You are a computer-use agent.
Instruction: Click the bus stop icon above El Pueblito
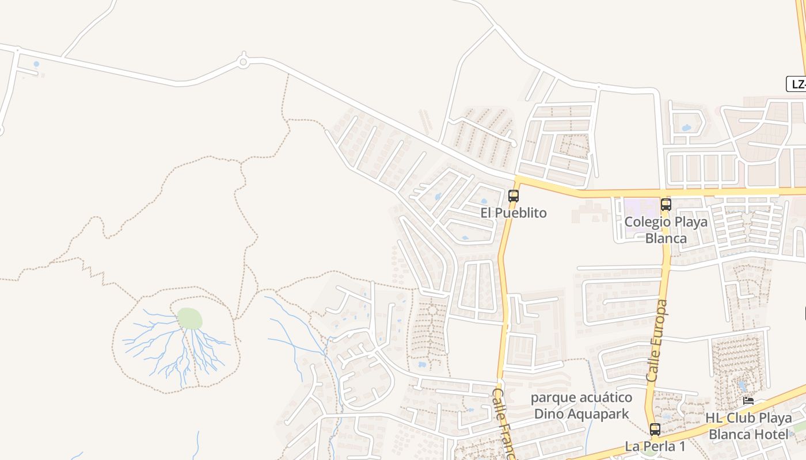(x=514, y=196)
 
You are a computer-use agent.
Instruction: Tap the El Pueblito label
(x=514, y=213)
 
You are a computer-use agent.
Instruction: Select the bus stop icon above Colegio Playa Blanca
(x=666, y=205)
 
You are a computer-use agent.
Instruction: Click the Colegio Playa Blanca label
(x=666, y=230)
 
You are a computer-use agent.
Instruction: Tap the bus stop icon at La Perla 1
(x=655, y=430)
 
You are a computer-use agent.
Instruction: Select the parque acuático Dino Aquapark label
(x=581, y=405)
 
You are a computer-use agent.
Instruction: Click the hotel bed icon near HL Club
(x=748, y=401)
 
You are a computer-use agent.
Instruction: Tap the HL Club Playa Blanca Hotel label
(x=748, y=426)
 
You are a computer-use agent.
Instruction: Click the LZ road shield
(x=797, y=84)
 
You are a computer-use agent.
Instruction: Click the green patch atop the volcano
(x=189, y=318)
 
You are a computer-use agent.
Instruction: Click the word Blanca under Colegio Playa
(x=666, y=238)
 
